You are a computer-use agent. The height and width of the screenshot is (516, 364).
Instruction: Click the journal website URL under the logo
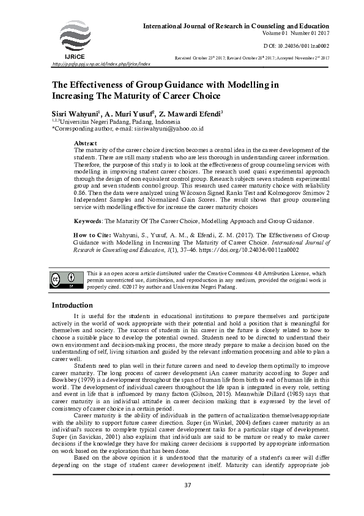coord(102,64)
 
